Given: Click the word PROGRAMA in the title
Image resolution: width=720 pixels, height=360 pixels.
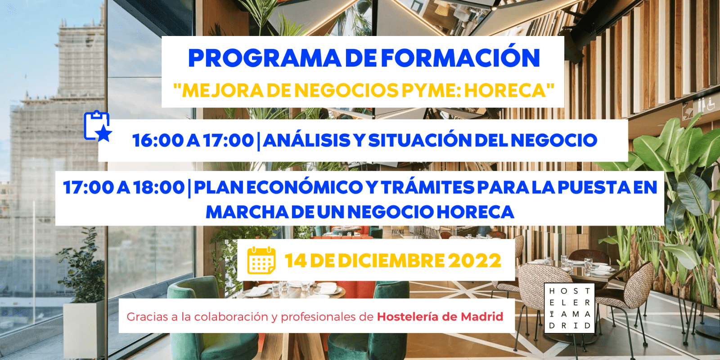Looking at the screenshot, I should coord(265,58).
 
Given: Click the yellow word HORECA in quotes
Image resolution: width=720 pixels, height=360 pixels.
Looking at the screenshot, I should coord(505,90).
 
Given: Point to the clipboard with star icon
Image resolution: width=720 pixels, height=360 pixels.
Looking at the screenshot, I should coord(98,126).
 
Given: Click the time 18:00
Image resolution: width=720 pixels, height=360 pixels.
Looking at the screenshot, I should coord(159,188).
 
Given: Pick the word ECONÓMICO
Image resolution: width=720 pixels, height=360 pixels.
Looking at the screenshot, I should coord(304,188).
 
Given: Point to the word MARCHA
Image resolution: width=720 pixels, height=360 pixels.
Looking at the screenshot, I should coord(247,212).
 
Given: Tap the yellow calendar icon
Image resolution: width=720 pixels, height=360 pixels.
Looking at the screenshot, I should coord(261,261).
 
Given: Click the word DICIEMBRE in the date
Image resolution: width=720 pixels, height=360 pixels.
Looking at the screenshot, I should coord(391,261).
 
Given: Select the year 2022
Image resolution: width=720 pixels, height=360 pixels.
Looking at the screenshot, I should coord(475,261).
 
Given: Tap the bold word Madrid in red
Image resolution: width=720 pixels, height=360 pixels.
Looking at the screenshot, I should coord(482,317).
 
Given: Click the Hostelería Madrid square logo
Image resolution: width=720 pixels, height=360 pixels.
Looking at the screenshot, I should coord(569,308).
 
